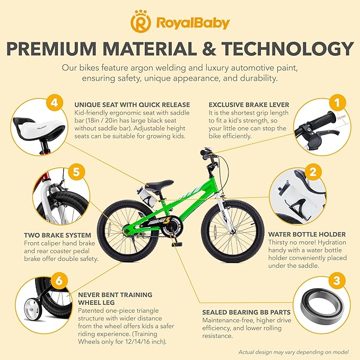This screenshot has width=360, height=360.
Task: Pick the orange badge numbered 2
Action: click(313, 171)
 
